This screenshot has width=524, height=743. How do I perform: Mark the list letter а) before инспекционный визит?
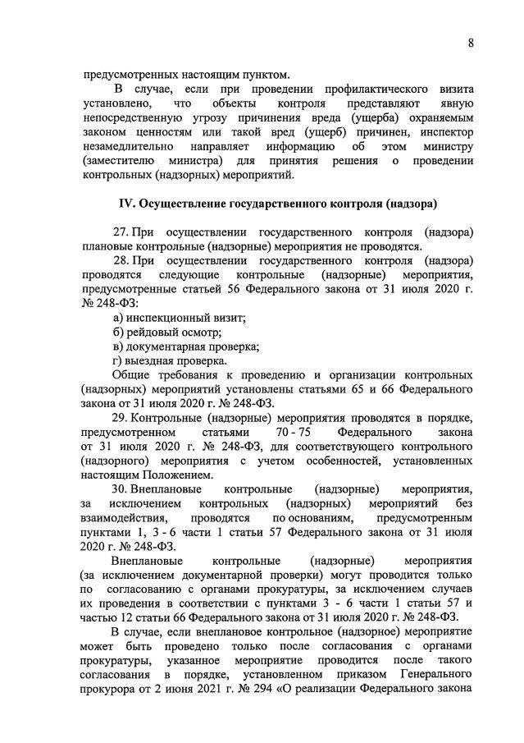118,317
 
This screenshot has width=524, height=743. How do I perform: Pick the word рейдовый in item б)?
152,332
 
